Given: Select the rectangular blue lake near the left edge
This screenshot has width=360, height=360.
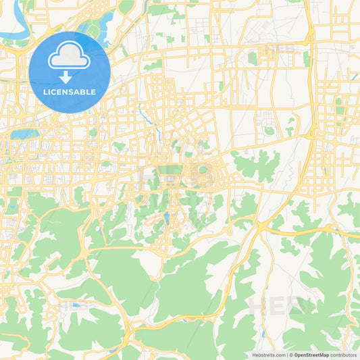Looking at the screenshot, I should click(24, 134).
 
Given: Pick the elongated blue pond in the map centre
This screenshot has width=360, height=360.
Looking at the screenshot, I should click(165, 218).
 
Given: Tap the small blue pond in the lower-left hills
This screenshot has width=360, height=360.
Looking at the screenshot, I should click(76, 305).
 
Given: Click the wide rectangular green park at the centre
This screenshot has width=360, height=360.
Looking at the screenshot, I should click(172, 170).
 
